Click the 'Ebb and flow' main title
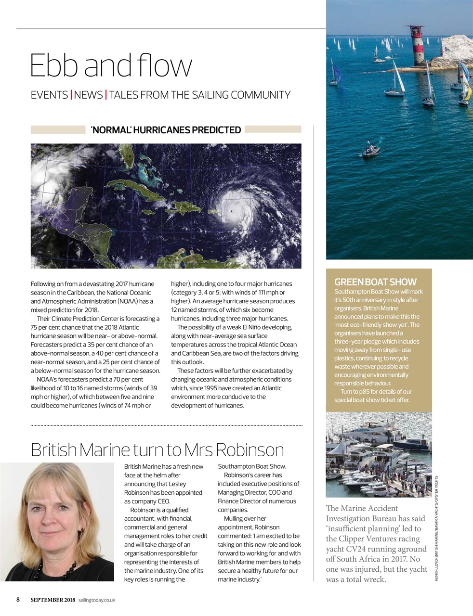tap(111, 65)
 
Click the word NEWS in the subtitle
tap(88, 95)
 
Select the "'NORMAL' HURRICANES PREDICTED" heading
tap(166, 130)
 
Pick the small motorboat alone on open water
tap(370, 151)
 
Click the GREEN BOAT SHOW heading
tap(375, 282)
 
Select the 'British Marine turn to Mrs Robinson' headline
tap(157, 449)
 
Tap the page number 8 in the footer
tap(18, 600)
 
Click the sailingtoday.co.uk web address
tap(96, 600)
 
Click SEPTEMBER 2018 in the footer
tap(53, 600)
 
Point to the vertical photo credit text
tap(436, 529)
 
